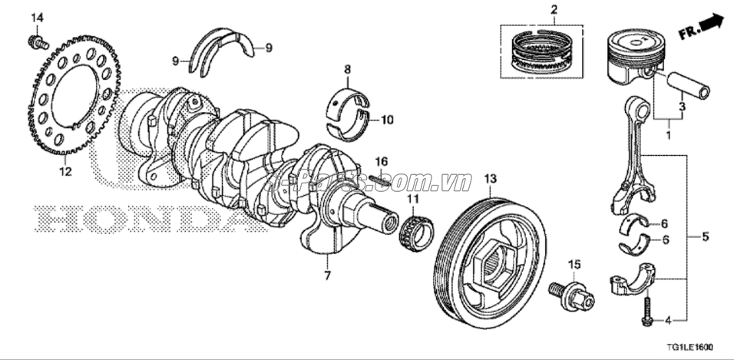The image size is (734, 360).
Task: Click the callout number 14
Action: coord(37,17)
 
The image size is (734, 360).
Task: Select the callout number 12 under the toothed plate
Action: coord(65,172)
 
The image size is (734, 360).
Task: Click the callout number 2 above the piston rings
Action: coord(552,10)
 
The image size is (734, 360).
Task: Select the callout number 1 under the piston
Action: coord(667,135)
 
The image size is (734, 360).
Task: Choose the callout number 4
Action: coord(667,319)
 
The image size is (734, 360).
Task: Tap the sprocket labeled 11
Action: coord(415,230)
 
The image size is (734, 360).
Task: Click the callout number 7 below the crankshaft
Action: coord(326,274)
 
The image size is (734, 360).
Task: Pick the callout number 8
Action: coord(347,70)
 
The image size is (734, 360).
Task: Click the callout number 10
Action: coord(386,120)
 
